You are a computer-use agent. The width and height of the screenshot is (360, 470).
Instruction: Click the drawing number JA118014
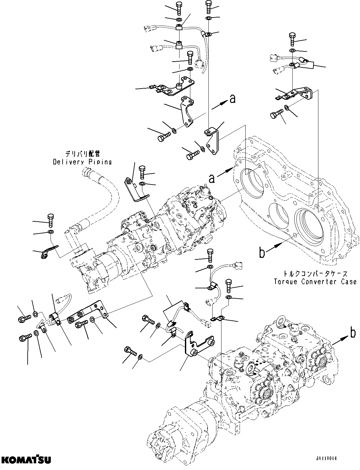coord(326,459)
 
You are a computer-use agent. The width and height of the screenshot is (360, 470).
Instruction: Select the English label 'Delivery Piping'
coord(82,162)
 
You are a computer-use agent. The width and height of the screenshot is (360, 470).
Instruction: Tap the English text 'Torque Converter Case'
coord(315,282)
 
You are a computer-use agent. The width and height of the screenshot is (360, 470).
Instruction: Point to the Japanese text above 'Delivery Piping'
coord(83,154)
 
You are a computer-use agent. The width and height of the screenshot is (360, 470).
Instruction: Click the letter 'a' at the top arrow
coord(233,99)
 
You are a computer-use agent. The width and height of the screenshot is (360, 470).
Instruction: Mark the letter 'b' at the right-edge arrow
coord(352,333)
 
